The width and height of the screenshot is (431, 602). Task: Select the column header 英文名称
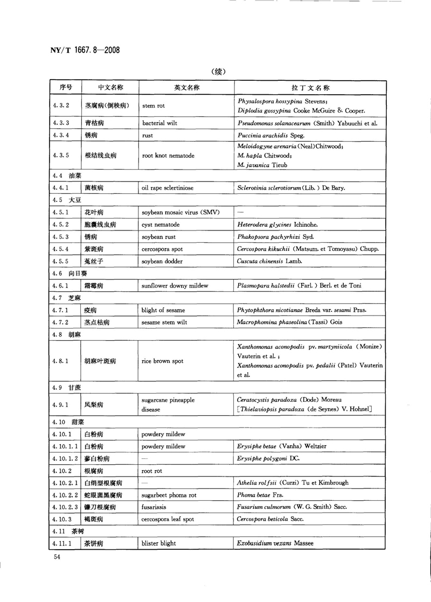[x=186, y=88]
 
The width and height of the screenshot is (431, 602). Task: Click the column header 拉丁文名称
[x=310, y=88]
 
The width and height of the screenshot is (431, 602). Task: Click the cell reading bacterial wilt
[x=159, y=123]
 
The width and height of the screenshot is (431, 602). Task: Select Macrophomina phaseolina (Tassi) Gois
[x=289, y=323]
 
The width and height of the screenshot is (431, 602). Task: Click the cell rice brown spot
[x=163, y=361]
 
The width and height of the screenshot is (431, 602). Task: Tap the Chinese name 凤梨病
[x=94, y=404]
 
